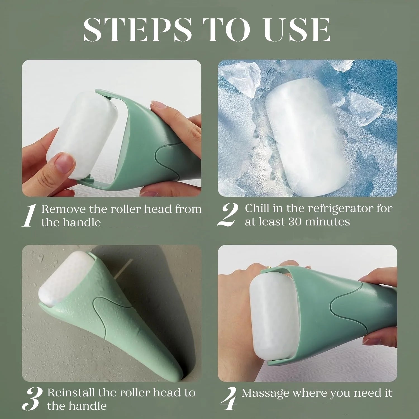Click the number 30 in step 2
[x=295, y=222]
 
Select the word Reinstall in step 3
[x=71, y=393]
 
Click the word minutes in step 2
[x=327, y=222]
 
